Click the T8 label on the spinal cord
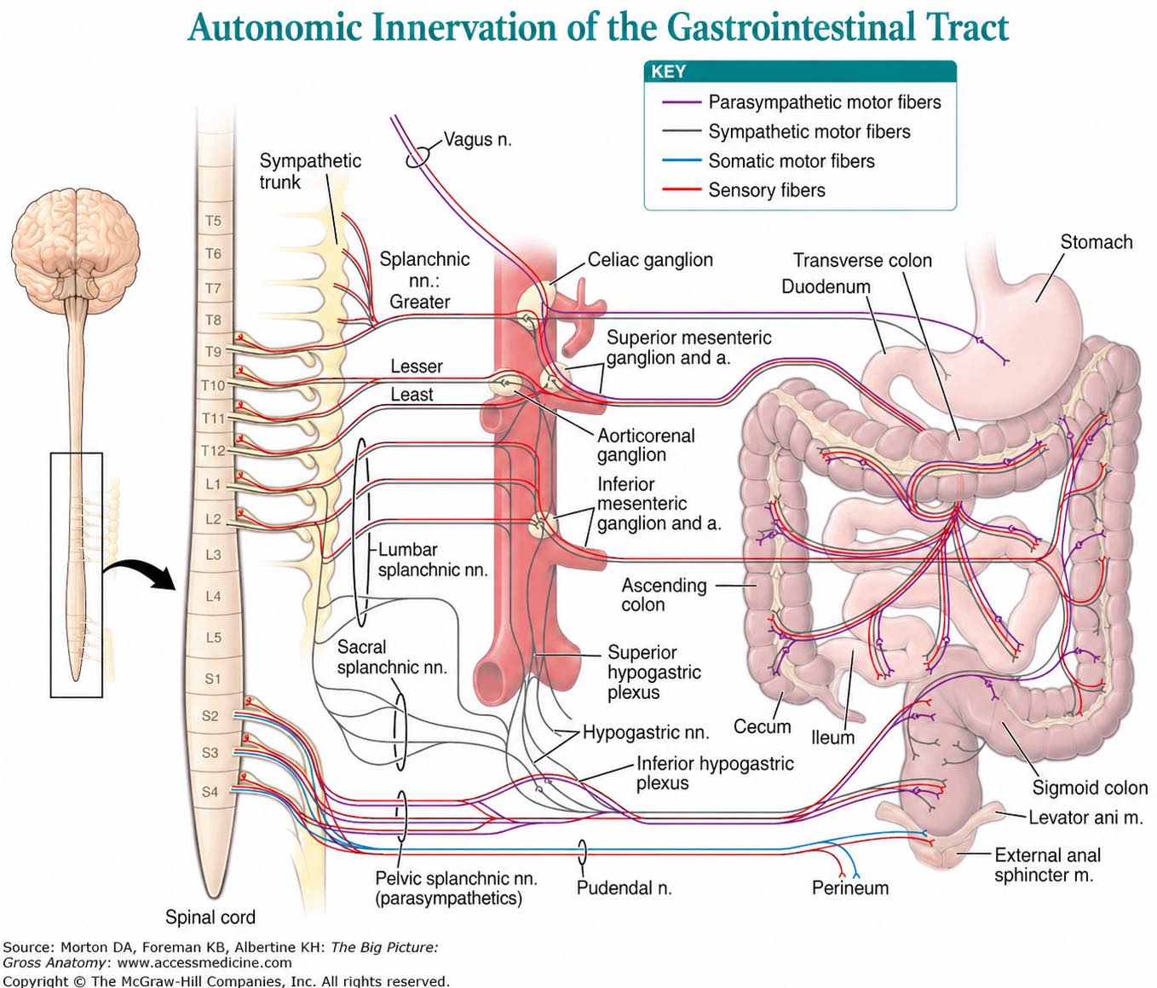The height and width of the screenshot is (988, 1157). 213,320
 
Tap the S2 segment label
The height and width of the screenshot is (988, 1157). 210,716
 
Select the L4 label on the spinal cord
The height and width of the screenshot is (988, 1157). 213,597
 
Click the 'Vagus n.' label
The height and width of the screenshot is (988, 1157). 477,140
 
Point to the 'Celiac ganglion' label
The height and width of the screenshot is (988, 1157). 650,260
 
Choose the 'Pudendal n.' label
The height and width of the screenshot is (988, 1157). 625,887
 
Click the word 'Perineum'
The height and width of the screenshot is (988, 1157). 850,887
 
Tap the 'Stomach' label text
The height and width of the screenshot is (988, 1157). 1096,242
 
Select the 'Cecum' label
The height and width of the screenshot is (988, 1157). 762,726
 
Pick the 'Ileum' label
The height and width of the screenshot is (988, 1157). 833,737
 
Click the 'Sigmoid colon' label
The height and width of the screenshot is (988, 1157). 1090,788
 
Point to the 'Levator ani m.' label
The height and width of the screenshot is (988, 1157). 1085,818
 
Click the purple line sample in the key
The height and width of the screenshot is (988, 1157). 682,102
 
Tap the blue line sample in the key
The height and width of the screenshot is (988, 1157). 682,161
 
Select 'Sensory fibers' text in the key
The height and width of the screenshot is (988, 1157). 766,190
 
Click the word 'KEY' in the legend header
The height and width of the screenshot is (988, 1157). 668,72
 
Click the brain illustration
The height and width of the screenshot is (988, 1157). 75,242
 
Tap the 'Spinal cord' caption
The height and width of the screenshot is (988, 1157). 210,917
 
